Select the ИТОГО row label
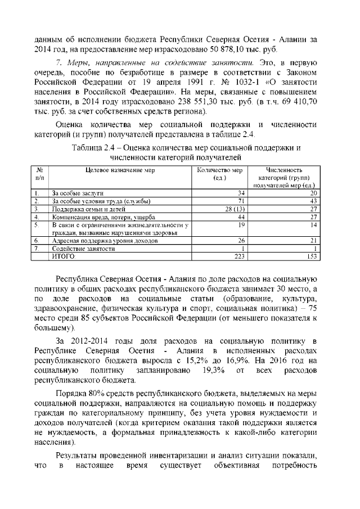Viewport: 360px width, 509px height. click(64, 256)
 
